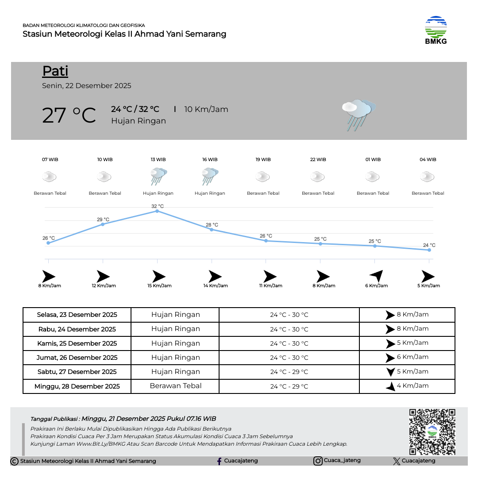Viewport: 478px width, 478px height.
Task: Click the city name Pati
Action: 55,71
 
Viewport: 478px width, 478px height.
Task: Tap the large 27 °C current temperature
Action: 69,115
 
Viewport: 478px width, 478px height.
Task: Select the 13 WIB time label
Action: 158,160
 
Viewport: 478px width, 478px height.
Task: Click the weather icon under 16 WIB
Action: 210,177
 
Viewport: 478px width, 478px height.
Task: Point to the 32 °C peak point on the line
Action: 157,211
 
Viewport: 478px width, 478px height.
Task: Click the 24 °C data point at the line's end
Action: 429,250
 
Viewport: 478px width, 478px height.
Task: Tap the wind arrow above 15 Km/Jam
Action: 159,277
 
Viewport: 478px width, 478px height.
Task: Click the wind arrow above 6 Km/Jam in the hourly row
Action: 376,276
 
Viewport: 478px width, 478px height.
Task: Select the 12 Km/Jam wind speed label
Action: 104,286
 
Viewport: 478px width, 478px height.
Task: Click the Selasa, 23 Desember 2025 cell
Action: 77,315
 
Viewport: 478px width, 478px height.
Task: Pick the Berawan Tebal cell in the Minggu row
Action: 176,386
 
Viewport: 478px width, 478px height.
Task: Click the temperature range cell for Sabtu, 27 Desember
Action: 289,372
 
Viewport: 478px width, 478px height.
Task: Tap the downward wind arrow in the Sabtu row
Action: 390,372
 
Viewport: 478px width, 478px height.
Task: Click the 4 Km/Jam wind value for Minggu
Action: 412,386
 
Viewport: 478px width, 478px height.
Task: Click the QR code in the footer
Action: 432,432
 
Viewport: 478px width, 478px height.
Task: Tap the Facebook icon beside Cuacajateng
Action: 219,461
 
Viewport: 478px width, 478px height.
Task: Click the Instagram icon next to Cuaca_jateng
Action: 318,461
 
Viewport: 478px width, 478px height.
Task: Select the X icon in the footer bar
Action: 397,461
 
